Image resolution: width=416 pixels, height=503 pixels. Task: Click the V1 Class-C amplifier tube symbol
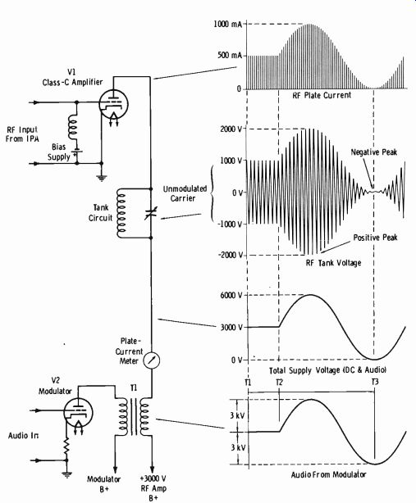click(113, 104)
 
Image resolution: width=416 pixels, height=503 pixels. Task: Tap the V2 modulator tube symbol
click(78, 412)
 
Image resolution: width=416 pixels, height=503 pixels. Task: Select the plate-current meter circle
click(151, 360)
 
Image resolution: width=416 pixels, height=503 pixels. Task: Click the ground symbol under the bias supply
click(102, 178)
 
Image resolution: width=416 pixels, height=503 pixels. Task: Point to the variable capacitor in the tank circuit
click(151, 213)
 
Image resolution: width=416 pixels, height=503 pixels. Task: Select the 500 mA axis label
click(230, 55)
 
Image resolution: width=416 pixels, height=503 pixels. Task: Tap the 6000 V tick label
click(231, 295)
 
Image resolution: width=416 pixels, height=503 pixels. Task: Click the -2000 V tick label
click(230, 255)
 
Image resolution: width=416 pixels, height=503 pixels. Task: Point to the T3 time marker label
click(375, 382)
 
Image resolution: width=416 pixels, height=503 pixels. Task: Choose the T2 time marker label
click(279, 382)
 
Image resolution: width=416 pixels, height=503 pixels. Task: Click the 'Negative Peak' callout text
click(374, 152)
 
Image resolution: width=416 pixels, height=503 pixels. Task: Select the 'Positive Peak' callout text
click(375, 238)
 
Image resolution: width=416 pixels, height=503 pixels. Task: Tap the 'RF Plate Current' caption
click(322, 95)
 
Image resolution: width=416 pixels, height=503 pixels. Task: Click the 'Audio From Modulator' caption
click(328, 474)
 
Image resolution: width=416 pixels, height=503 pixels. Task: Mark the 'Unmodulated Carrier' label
click(185, 193)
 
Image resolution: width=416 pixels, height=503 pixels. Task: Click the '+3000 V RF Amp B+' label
click(153, 488)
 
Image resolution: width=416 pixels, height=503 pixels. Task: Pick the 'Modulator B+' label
click(103, 484)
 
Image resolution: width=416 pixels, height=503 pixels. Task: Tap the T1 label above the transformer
click(134, 387)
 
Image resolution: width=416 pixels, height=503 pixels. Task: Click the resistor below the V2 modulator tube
click(66, 446)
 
